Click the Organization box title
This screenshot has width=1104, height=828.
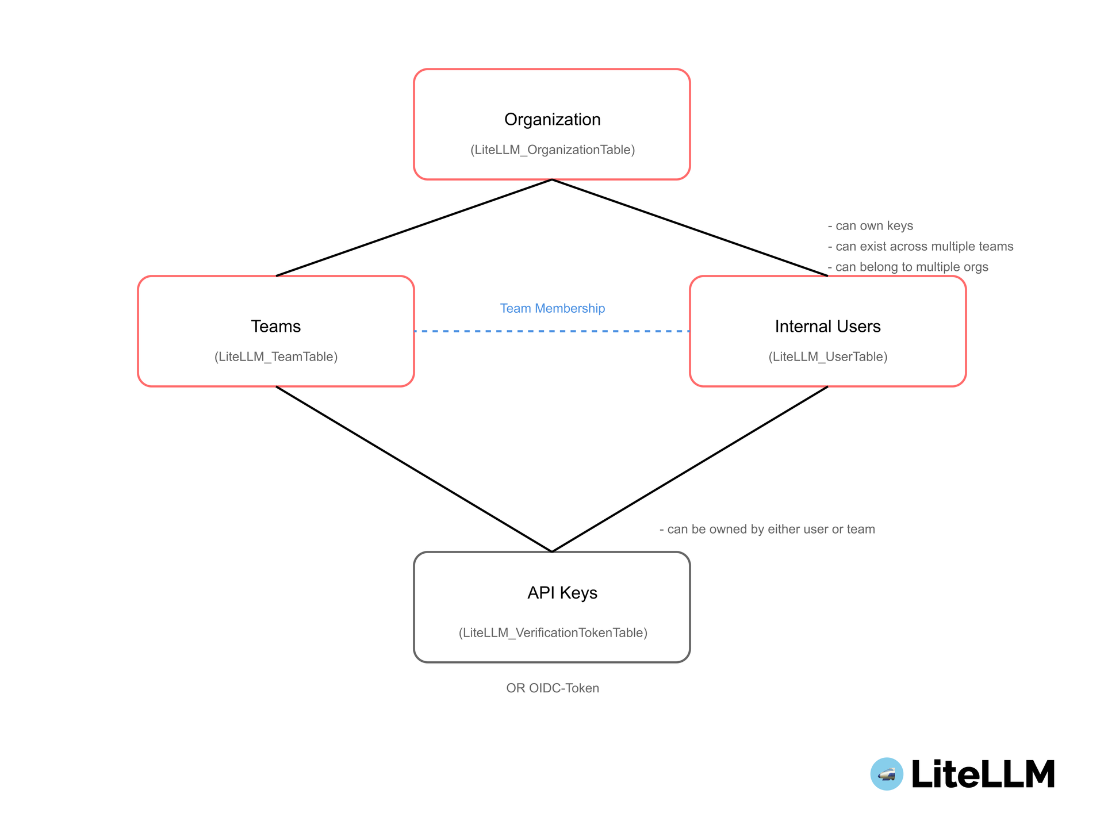point(552,120)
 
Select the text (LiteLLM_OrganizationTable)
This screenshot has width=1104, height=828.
point(552,150)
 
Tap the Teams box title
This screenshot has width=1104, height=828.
point(276,327)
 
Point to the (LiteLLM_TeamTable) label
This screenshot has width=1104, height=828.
point(276,357)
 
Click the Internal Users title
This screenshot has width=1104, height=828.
point(827,327)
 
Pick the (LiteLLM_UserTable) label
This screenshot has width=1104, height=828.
point(827,357)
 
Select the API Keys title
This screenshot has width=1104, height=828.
point(562,593)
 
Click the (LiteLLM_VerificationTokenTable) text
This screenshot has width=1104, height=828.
point(553,633)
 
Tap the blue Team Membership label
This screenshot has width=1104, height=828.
point(552,309)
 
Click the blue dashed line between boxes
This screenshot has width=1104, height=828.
point(552,331)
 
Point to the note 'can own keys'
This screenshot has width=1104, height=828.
point(871,226)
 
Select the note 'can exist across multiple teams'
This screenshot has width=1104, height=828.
point(921,247)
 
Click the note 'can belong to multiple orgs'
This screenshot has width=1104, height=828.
point(908,267)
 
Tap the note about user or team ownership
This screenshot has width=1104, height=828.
point(767,530)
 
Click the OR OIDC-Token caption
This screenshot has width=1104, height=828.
point(552,688)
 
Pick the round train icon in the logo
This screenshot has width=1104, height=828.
point(887,774)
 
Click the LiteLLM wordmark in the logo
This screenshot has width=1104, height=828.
point(983,774)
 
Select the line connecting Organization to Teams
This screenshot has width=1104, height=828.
point(414,228)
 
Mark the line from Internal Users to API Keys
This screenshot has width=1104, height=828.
point(690,469)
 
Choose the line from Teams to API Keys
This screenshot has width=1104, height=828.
point(414,469)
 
